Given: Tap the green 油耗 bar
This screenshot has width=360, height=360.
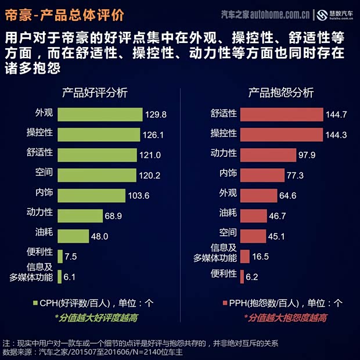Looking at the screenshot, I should point(74,236).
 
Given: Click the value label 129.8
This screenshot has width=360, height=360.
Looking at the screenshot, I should point(156,114).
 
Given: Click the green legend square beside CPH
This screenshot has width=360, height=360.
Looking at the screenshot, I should point(34,303).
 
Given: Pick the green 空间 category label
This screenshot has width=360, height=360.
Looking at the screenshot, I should point(44,175).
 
